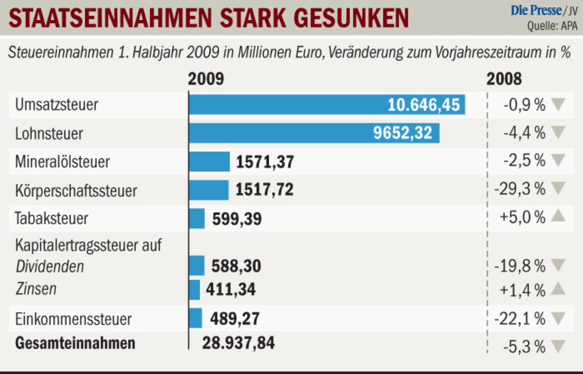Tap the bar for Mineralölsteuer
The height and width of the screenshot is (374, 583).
pyautogui.click(x=209, y=162)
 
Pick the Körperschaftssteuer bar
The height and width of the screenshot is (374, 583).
pyautogui.click(x=209, y=190)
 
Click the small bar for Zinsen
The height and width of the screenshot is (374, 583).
pyautogui.click(x=194, y=290)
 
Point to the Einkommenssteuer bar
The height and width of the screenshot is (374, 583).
pyautogui.click(x=195, y=318)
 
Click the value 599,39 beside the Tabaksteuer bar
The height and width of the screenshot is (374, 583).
pyautogui.click(x=237, y=219)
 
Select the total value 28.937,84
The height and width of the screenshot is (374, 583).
pyautogui.click(x=238, y=343)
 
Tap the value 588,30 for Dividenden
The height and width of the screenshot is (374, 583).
pyautogui.click(x=236, y=266)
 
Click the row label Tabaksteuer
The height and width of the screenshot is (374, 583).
pyautogui.click(x=51, y=218)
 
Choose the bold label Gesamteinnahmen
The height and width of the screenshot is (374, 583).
pyautogui.click(x=75, y=343)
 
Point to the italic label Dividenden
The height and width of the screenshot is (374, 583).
pyautogui.click(x=50, y=266)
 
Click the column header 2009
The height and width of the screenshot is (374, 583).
pyautogui.click(x=206, y=79)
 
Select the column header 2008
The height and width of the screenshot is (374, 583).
pyautogui.click(x=504, y=79)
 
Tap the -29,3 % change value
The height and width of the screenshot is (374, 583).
pyautogui.click(x=519, y=190)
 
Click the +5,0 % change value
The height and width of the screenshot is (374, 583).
pyautogui.click(x=522, y=218)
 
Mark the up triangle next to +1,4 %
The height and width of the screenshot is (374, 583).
pyautogui.click(x=559, y=289)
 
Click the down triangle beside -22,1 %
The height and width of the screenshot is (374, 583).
pyautogui.click(x=559, y=319)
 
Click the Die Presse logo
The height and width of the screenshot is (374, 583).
pyautogui.click(x=536, y=10)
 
